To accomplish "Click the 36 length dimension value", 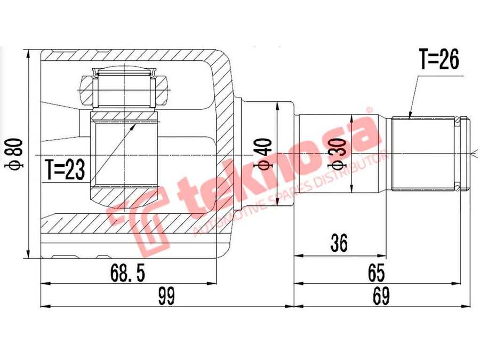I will pos(339,244).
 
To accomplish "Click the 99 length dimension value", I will pos(166,294).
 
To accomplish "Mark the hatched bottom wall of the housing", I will pos(133,224).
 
